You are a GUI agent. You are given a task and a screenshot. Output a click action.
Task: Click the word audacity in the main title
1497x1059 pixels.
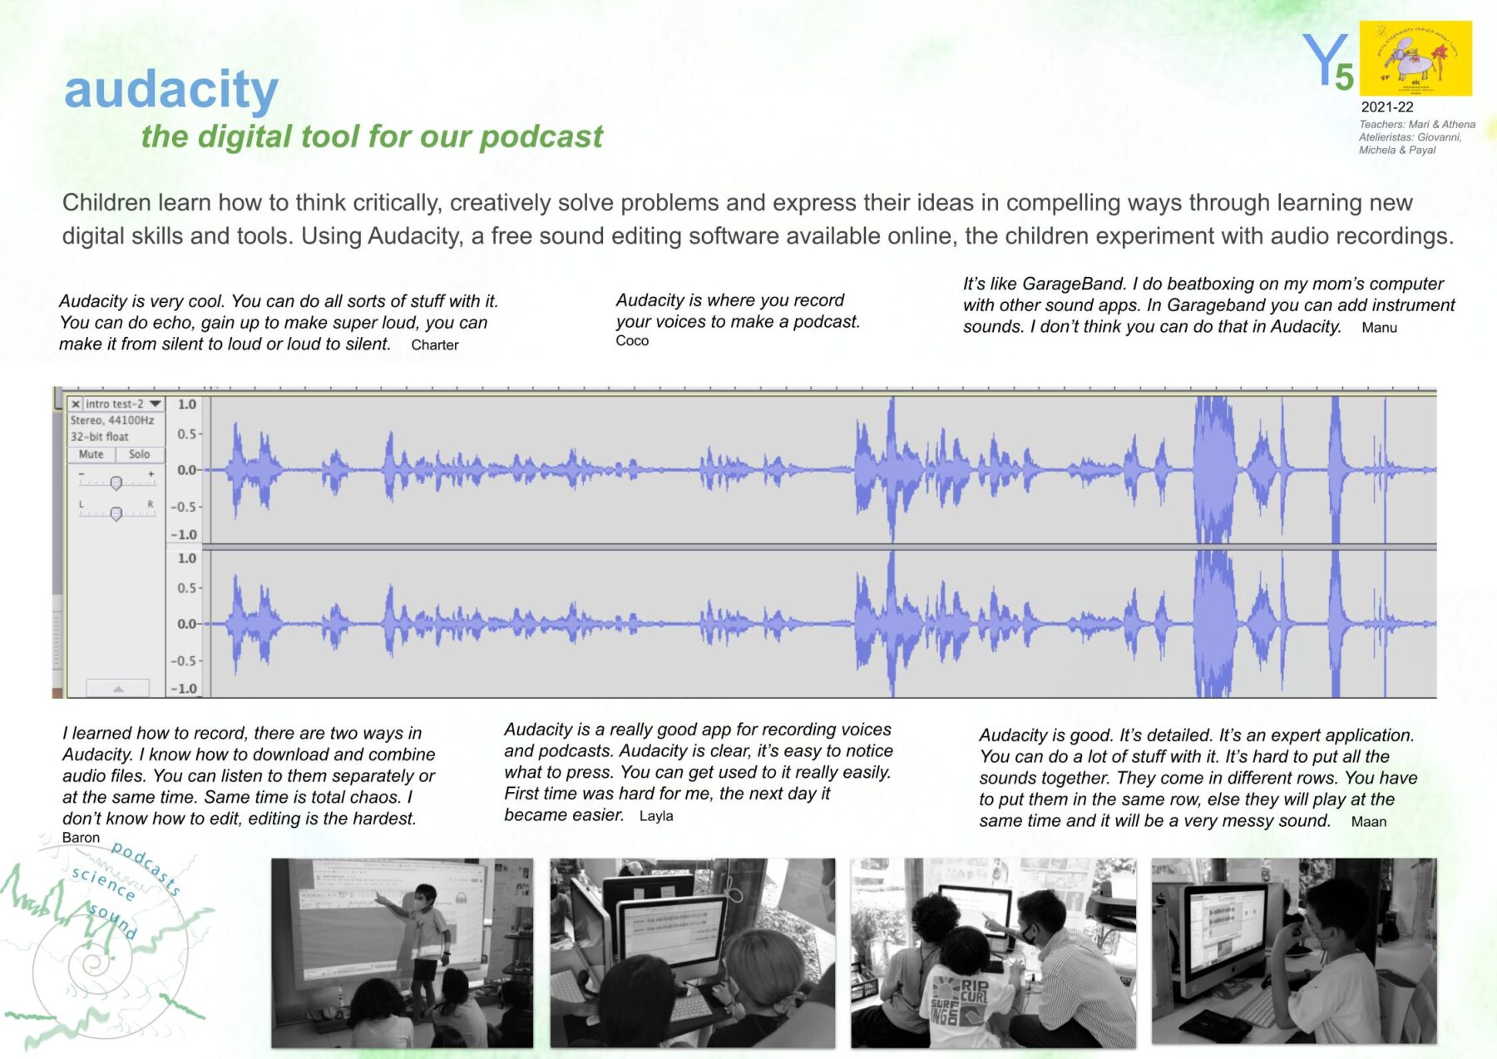(170, 90)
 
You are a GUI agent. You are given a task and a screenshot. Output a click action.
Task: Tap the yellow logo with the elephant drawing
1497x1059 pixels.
(1415, 58)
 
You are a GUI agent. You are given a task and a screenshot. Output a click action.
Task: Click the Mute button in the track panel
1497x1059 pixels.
(91, 454)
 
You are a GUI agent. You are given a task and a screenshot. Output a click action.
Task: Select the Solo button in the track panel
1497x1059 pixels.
(140, 454)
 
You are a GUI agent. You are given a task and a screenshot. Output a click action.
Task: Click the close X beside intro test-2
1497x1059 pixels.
(76, 404)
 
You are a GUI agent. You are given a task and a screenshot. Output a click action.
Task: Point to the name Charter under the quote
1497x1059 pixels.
(434, 345)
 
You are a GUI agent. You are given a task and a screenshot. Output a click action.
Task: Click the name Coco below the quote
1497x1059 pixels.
(632, 341)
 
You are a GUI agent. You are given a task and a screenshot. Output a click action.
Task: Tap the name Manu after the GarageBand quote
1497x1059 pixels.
(1379, 328)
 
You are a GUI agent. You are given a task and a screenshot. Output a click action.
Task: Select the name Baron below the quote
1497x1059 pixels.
(81, 838)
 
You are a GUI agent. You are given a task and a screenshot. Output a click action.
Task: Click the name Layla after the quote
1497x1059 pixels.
(656, 816)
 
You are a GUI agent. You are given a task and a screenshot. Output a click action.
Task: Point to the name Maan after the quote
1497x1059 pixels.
(1368, 822)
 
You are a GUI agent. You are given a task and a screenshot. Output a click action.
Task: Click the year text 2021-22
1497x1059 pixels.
(1386, 107)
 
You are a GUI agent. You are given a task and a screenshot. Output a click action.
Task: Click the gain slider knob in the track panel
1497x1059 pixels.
(116, 482)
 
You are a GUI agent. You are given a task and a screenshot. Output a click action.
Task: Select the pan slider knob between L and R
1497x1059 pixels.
(116, 513)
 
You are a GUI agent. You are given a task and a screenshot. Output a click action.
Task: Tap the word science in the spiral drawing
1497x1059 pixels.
(103, 883)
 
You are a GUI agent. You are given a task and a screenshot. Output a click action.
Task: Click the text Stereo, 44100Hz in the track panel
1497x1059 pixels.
(112, 421)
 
